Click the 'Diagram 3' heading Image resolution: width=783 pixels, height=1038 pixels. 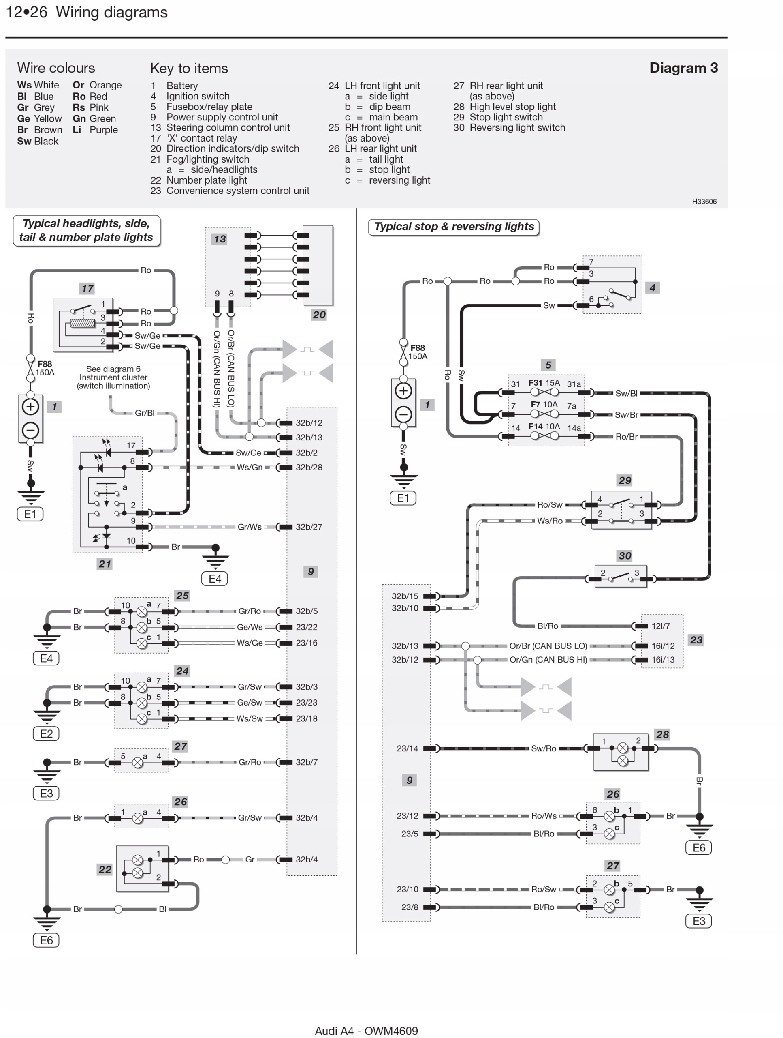(683, 68)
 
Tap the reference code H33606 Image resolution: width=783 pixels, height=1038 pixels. (704, 201)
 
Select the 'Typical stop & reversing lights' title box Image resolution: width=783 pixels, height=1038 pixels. (453, 227)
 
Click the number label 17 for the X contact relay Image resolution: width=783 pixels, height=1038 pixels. (87, 289)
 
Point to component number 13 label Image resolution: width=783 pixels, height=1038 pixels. (220, 239)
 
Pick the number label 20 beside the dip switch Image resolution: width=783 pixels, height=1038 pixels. (319, 315)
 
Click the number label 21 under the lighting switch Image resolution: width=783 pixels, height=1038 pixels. (105, 564)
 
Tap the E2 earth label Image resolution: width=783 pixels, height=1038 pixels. (46, 733)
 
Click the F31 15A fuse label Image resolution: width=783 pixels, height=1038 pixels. (544, 383)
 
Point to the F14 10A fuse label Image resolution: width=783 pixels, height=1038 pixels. (544, 427)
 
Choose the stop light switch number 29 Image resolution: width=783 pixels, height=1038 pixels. (625, 480)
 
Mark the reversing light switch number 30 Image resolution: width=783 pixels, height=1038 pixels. (625, 555)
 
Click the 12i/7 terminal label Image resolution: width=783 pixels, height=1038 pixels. (660, 626)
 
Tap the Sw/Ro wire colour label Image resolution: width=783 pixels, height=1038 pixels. (544, 748)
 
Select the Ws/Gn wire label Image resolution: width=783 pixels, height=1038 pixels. (250, 468)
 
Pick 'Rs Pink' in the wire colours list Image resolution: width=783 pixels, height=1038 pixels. (90, 107)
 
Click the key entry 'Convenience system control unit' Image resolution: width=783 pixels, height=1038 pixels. (238, 191)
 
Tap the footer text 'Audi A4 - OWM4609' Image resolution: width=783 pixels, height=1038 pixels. (366, 1030)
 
